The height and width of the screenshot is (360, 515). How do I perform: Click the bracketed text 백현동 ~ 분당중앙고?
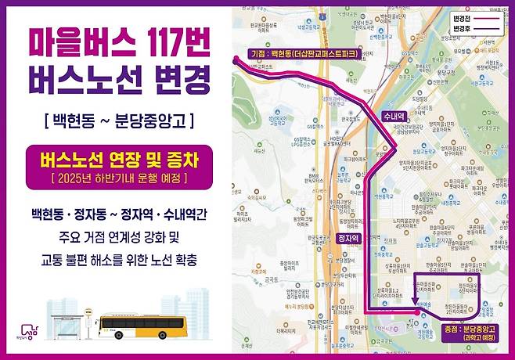click(119, 121)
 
